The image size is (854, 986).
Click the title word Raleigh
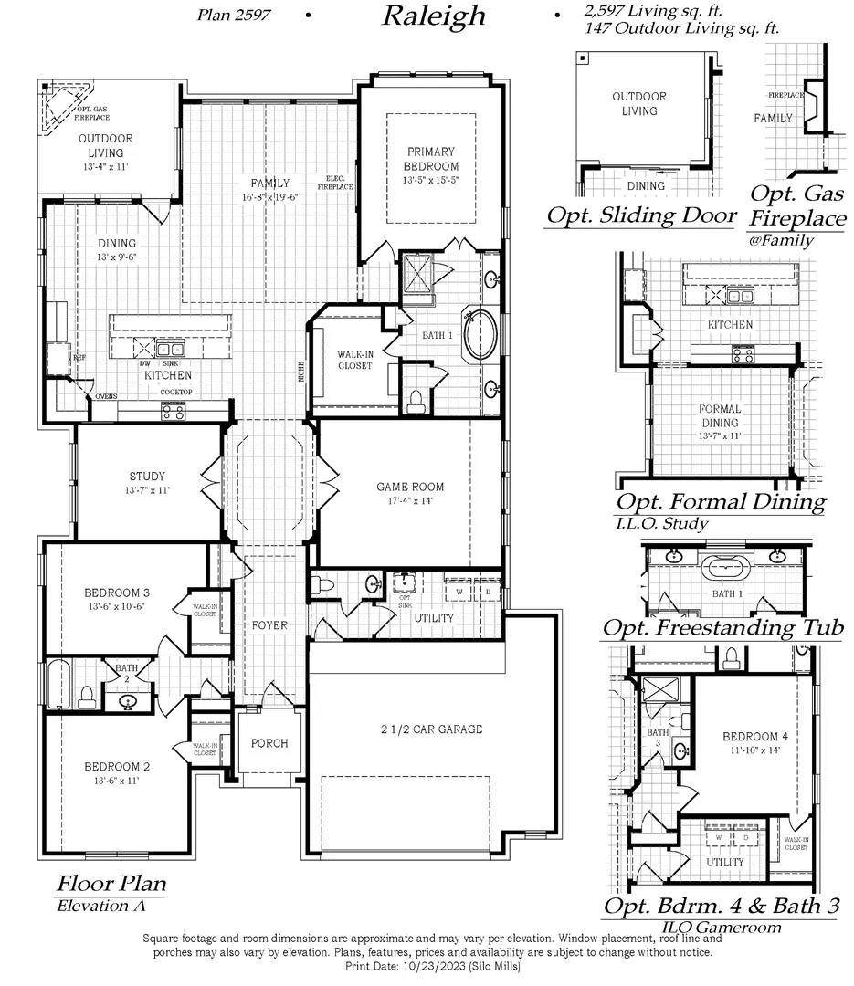(435, 16)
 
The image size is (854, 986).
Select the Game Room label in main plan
(410, 493)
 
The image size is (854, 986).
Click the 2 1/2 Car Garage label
(431, 729)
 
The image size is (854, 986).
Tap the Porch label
(269, 743)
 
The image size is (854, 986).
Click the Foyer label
(269, 625)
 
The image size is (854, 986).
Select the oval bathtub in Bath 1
(480, 335)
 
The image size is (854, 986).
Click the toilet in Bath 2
(89, 698)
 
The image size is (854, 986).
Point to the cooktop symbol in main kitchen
(173, 411)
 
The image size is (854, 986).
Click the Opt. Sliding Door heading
(640, 215)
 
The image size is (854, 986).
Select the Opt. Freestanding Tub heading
(722, 627)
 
